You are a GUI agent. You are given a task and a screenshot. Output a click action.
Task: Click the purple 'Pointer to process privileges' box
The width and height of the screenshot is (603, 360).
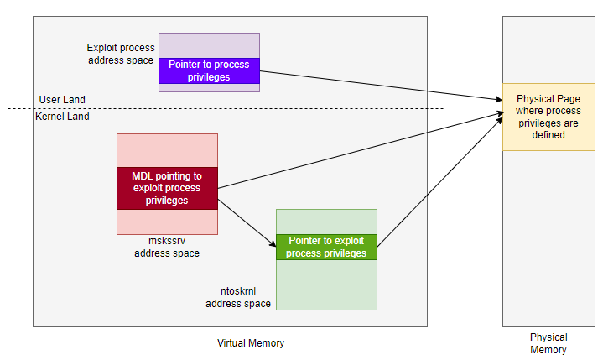[x=209, y=70]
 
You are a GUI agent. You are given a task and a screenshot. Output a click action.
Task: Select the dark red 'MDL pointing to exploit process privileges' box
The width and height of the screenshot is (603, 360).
[x=167, y=188]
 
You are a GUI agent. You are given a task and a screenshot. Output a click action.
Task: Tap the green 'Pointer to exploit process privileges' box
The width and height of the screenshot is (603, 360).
[x=326, y=247]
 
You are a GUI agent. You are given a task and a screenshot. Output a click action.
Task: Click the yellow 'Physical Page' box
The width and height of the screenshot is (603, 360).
[x=548, y=117]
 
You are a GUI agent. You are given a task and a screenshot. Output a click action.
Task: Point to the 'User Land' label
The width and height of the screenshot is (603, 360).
[x=62, y=100]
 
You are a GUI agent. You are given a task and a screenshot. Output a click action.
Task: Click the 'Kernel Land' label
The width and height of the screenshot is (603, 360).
[x=62, y=117]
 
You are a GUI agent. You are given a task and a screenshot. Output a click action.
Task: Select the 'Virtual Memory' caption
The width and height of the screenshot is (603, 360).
[x=250, y=342]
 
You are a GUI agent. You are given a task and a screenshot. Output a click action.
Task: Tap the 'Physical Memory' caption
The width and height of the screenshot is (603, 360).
[x=548, y=343]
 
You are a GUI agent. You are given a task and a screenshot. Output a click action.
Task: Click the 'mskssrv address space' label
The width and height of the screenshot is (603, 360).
[x=166, y=247]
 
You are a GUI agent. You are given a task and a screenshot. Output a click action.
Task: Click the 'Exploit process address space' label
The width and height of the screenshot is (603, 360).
[x=121, y=55]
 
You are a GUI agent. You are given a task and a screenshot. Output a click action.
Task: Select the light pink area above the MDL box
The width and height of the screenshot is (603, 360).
[x=167, y=150]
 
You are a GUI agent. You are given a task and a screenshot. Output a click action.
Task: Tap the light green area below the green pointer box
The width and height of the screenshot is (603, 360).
[x=326, y=285]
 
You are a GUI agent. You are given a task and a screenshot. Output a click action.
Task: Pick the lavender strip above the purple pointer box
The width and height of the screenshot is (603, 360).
[x=209, y=45]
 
